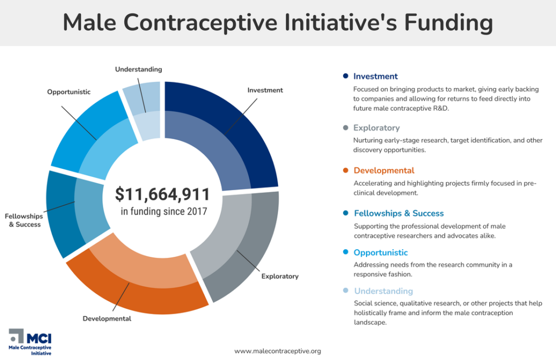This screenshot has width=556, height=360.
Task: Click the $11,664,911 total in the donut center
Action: tap(162, 194)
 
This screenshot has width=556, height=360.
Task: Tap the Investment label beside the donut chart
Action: tap(265, 90)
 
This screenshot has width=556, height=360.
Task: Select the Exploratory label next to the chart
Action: tap(280, 276)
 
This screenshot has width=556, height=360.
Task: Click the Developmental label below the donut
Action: tap(107, 319)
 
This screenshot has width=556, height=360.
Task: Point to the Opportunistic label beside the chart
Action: tap(68, 92)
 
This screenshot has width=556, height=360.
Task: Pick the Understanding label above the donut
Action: tap(138, 70)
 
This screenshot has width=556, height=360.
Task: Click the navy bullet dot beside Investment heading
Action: tap(345, 76)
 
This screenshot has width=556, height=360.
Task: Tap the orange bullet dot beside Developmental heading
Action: tap(345, 170)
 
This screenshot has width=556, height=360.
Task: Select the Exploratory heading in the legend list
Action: tap(376, 128)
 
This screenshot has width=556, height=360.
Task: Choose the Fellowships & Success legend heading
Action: tap(399, 213)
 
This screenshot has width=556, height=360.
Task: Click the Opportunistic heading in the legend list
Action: tap(380, 252)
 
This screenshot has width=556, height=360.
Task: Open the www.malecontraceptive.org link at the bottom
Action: tap(277, 351)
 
